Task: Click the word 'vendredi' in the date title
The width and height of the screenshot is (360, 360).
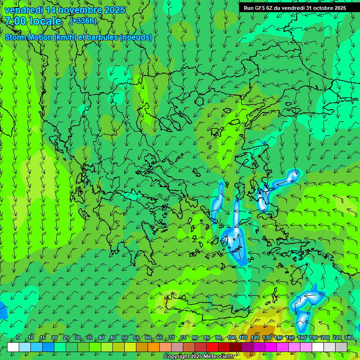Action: click(x=23, y=10)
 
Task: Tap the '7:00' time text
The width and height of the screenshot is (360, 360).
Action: click(x=16, y=21)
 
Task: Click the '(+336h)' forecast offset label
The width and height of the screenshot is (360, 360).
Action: click(x=83, y=21)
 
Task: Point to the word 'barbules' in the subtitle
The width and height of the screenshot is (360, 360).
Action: click(x=103, y=37)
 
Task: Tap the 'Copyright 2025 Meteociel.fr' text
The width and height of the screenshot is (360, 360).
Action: click(x=199, y=356)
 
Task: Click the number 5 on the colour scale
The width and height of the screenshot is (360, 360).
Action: click(x=18, y=337)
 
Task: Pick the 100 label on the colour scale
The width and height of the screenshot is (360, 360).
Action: click(x=232, y=337)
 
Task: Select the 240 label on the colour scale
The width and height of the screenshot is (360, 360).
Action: click(x=348, y=337)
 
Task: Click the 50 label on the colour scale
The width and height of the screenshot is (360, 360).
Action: click(x=125, y=337)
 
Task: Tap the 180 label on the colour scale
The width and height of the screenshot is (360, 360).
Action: click(x=313, y=337)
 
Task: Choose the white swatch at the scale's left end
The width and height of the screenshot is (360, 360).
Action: click(x=13, y=347)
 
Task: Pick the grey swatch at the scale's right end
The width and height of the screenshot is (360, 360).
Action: click(x=341, y=347)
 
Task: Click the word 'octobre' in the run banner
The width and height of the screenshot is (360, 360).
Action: click(x=322, y=7)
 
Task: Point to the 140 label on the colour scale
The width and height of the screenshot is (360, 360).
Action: click(x=278, y=337)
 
